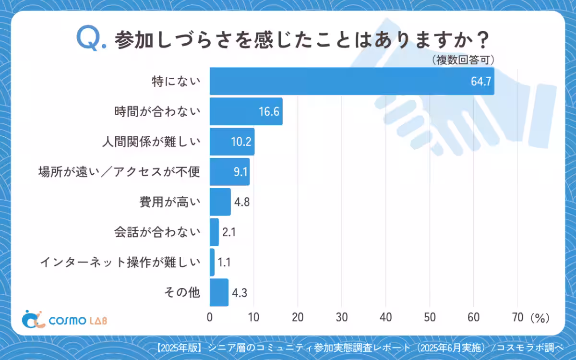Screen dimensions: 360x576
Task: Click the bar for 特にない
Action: (x=352, y=81)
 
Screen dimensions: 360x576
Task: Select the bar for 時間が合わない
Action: (x=246, y=111)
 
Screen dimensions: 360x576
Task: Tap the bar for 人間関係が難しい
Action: (x=232, y=142)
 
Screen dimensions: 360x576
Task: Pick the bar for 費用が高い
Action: (x=220, y=202)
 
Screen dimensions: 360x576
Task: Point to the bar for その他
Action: (x=219, y=292)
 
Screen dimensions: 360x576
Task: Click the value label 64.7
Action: (x=480, y=82)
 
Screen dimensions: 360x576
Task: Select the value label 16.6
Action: (x=269, y=112)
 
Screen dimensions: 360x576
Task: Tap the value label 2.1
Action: (x=228, y=232)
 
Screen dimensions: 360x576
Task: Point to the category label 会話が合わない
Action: (x=156, y=232)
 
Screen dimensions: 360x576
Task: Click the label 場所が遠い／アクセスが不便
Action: (x=119, y=172)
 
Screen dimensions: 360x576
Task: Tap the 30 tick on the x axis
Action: (x=342, y=318)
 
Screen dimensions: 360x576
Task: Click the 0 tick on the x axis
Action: (x=210, y=318)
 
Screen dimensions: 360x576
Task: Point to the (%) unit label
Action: (x=540, y=318)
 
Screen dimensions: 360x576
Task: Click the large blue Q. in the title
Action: (x=91, y=38)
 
